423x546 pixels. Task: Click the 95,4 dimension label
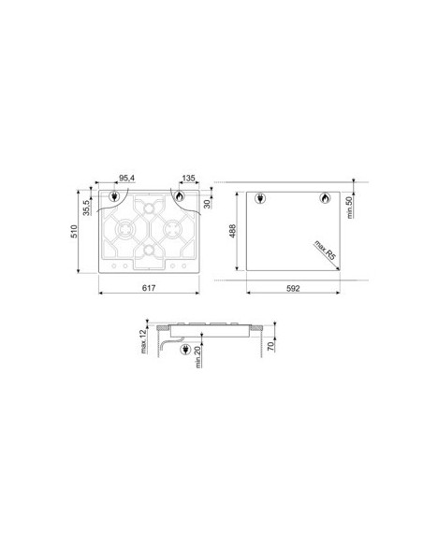(x=127, y=178)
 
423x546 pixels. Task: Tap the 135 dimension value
(x=188, y=179)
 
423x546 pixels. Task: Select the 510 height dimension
(x=74, y=232)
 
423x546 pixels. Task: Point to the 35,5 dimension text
(x=86, y=208)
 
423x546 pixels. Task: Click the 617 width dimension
(x=149, y=288)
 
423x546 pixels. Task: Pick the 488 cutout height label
(x=232, y=231)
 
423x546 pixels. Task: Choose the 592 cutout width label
(x=293, y=288)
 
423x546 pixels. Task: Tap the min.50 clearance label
(x=350, y=208)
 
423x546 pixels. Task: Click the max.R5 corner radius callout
(x=325, y=250)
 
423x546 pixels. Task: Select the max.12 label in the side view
(x=144, y=341)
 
